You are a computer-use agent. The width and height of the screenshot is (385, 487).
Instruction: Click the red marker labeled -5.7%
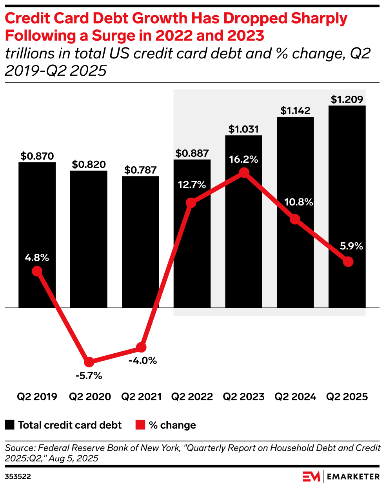(89, 362)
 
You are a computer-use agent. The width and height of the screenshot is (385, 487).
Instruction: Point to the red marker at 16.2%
(244, 173)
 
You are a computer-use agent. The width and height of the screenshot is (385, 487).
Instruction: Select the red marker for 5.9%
(348, 262)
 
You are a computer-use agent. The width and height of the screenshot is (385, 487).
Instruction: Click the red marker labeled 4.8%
(37, 271)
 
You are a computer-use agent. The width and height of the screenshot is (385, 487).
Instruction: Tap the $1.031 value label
(243, 129)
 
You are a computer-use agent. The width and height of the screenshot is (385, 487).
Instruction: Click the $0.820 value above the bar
(89, 164)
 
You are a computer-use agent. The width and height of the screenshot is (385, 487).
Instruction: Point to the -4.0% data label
(143, 361)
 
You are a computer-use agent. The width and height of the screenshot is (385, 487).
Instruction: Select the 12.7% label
(192, 185)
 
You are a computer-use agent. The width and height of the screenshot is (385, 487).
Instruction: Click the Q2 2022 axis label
(192, 397)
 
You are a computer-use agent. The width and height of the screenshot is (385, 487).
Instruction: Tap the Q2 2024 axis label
(295, 397)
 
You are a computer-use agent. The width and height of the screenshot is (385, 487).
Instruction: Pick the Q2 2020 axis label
(90, 397)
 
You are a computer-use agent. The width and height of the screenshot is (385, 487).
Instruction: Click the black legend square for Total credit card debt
(10, 425)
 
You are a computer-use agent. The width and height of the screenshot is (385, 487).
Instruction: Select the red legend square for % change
(140, 425)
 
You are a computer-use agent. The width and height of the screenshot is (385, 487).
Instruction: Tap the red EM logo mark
(311, 476)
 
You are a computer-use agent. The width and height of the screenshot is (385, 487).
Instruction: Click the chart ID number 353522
(18, 477)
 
